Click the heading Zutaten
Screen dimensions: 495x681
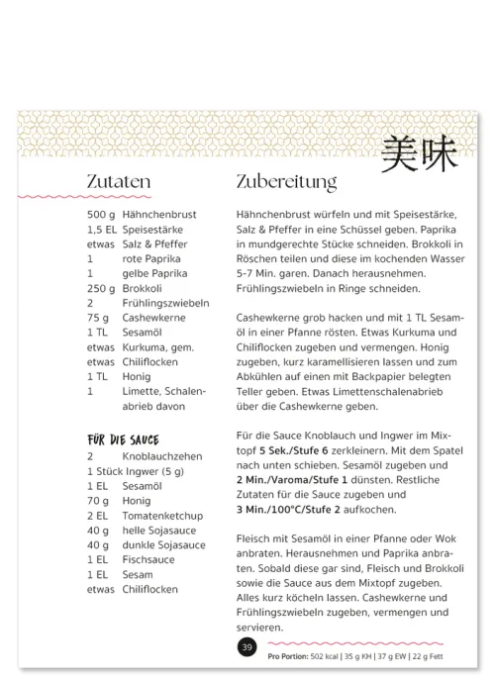118,182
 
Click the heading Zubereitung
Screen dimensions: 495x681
287,183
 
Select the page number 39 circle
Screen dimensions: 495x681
247,646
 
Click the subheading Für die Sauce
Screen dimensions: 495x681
123,439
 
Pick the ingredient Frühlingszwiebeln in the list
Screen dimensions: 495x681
165,303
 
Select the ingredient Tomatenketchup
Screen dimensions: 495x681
162,516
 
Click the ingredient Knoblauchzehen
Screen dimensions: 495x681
164,456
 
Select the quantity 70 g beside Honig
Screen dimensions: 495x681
97,501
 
